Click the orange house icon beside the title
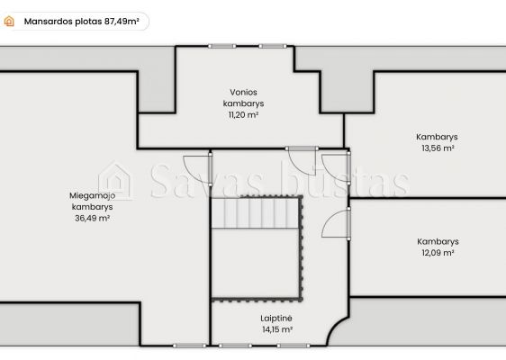coord(9,22)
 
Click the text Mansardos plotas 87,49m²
coord(82,22)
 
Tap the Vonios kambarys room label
coord(244,98)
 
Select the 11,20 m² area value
coord(244,115)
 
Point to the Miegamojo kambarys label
coord(93,201)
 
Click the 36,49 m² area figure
coord(93,218)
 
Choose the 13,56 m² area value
coord(438,148)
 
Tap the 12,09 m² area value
coord(438,253)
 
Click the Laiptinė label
coord(276,319)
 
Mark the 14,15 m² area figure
coord(277,329)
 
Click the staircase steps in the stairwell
coord(255,213)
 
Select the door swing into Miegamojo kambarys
coord(197,170)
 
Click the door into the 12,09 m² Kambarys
coord(336,223)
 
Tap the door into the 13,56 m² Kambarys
coord(336,168)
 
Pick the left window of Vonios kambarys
coord(222,46)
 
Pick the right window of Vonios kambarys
coord(273,46)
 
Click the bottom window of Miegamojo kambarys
coord(189,346)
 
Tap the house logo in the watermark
coord(115,181)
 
